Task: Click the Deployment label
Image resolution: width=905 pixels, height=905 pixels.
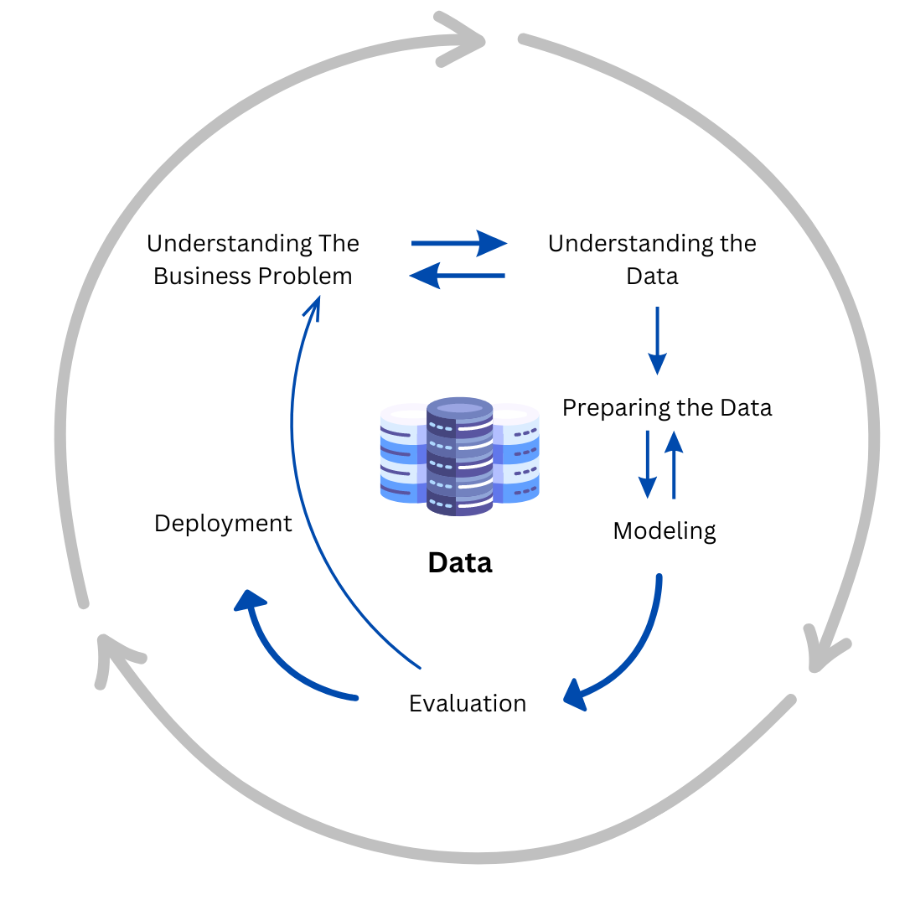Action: [x=223, y=524]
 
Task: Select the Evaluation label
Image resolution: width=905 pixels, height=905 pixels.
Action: [x=468, y=703]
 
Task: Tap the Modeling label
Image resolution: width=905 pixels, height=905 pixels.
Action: [x=665, y=530]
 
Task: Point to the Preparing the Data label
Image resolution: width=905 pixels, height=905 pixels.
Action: [x=667, y=408]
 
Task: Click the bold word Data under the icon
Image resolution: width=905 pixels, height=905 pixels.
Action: [x=460, y=562]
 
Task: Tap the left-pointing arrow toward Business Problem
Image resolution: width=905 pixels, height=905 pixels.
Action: [x=457, y=275]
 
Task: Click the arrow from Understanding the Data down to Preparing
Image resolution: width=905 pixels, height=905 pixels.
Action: [x=658, y=340]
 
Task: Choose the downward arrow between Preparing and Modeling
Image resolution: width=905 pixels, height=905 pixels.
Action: [x=648, y=464]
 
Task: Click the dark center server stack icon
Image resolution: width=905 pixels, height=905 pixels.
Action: [x=459, y=457]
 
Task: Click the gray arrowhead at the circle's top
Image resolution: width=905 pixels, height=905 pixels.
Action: [x=461, y=39]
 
